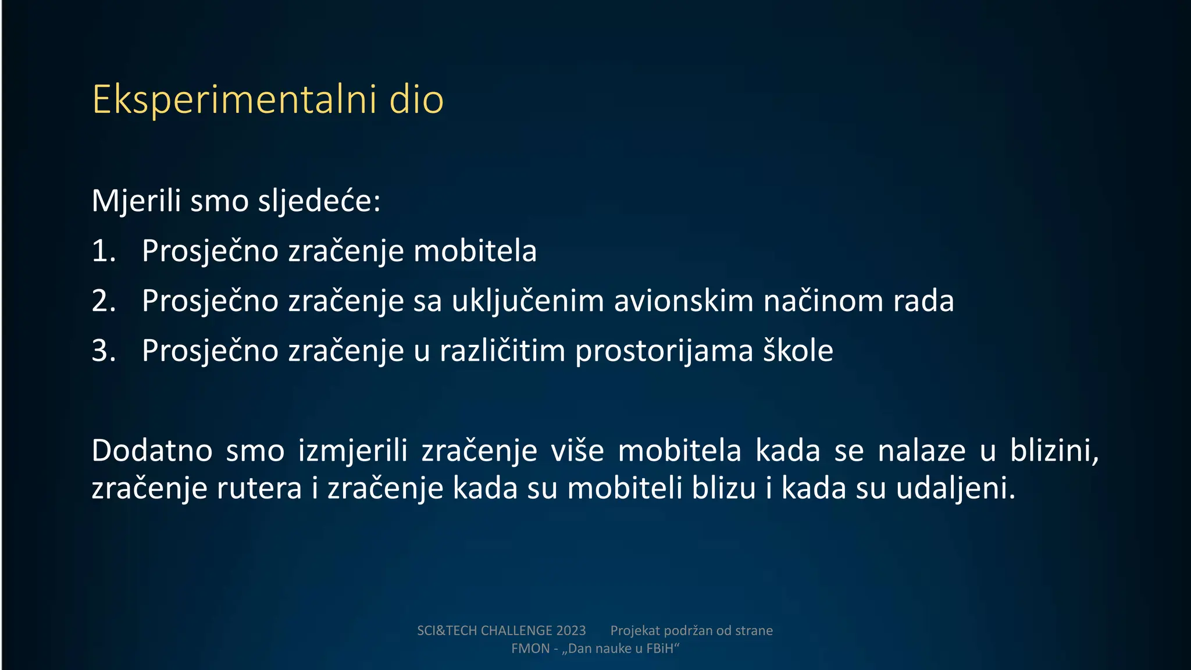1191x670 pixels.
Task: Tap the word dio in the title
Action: point(416,100)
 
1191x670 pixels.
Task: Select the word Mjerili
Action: point(136,201)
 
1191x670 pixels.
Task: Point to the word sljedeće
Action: point(319,201)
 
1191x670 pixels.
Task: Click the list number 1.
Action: point(104,251)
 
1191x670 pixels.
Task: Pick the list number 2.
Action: point(104,301)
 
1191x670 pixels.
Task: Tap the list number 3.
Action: point(104,351)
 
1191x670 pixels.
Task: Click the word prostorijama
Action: point(664,351)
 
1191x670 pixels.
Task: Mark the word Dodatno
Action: point(152,451)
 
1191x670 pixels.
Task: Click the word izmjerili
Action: point(352,451)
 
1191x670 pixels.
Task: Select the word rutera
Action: point(259,489)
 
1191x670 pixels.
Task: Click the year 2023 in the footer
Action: point(570,631)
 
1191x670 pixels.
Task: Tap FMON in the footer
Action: point(530,649)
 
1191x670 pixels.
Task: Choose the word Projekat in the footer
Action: point(634,631)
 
